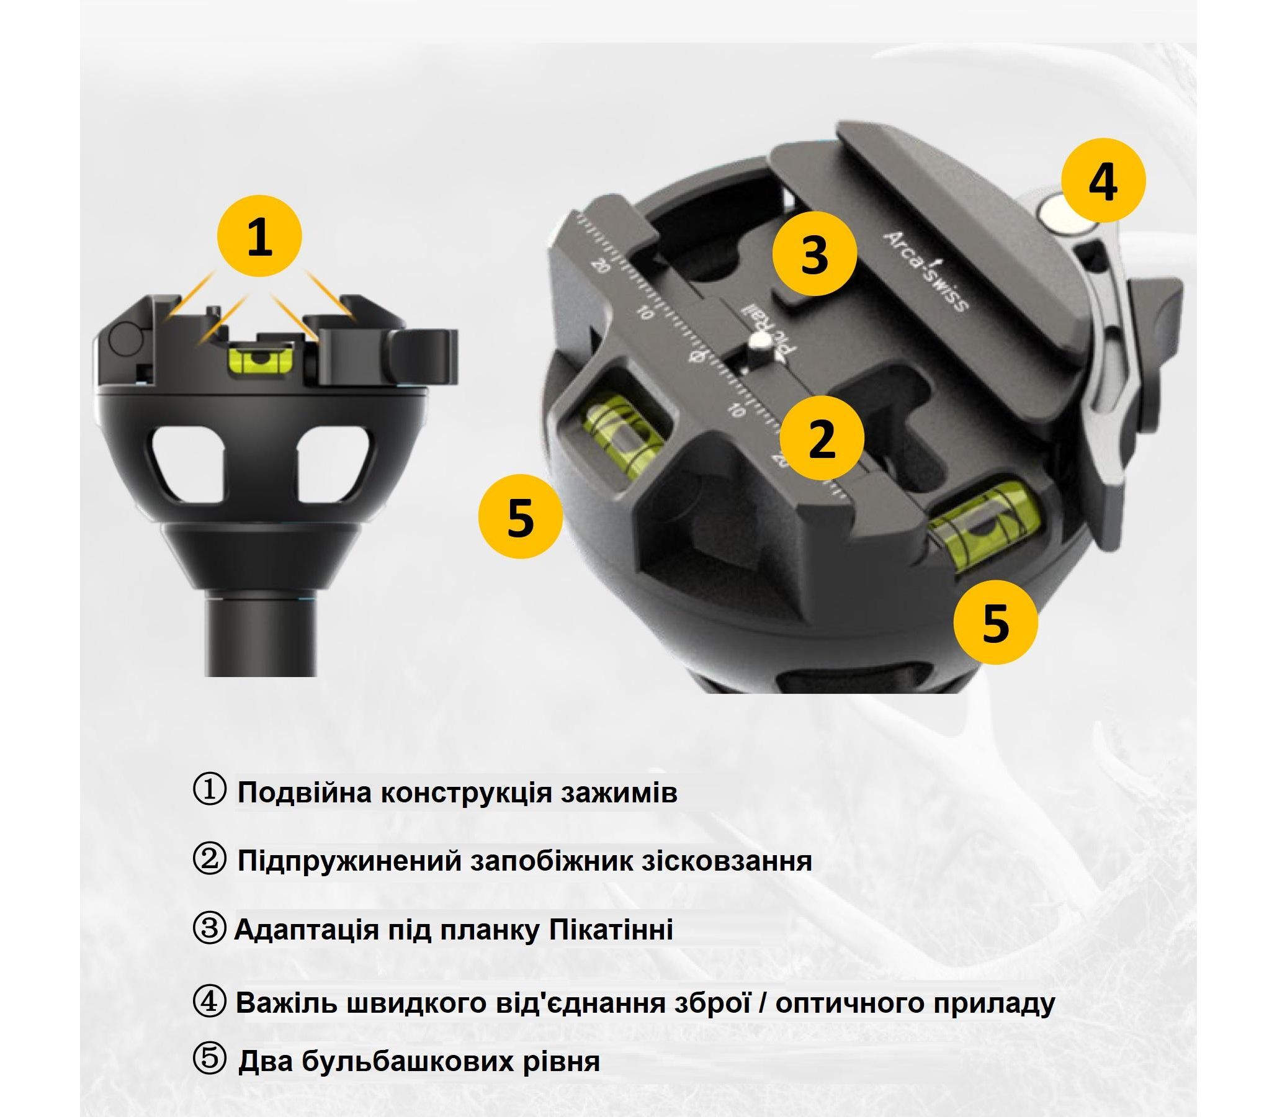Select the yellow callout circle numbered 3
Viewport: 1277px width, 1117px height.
(814, 253)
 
